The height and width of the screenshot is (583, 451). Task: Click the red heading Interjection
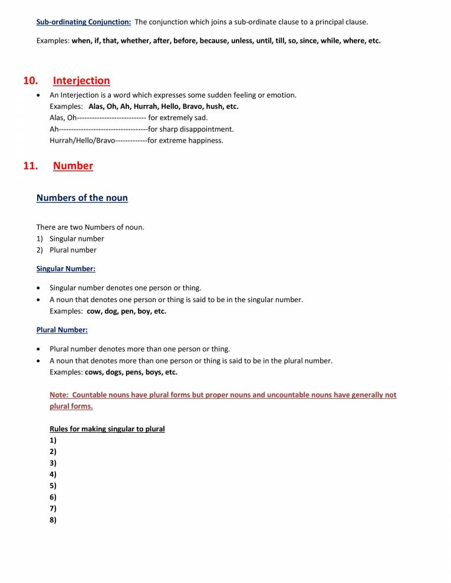[x=81, y=81]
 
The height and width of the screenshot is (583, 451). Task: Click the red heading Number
[x=73, y=166]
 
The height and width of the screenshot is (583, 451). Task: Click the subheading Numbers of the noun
[x=82, y=198]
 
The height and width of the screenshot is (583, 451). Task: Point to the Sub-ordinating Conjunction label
[x=84, y=22]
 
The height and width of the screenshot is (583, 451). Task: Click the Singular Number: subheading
[x=66, y=269]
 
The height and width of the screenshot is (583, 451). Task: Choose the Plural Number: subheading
[x=62, y=330]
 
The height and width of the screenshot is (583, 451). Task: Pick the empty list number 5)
[x=53, y=486]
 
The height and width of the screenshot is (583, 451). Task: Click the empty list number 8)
[x=53, y=519]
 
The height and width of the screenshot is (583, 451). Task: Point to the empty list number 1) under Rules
[x=53, y=440]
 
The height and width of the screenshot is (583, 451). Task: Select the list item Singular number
[x=77, y=239]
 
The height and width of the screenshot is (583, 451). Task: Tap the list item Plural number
[x=73, y=250]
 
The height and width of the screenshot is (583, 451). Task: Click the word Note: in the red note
[x=59, y=395]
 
